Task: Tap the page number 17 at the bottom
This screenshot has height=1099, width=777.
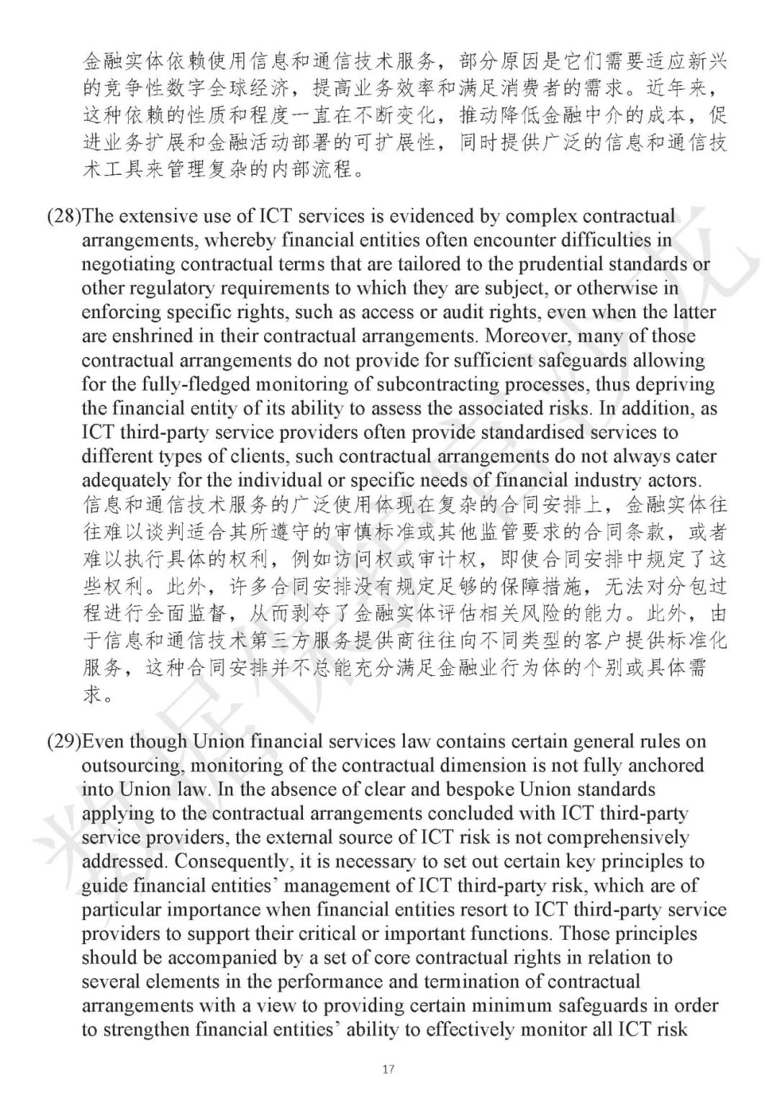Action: tap(388, 1069)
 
